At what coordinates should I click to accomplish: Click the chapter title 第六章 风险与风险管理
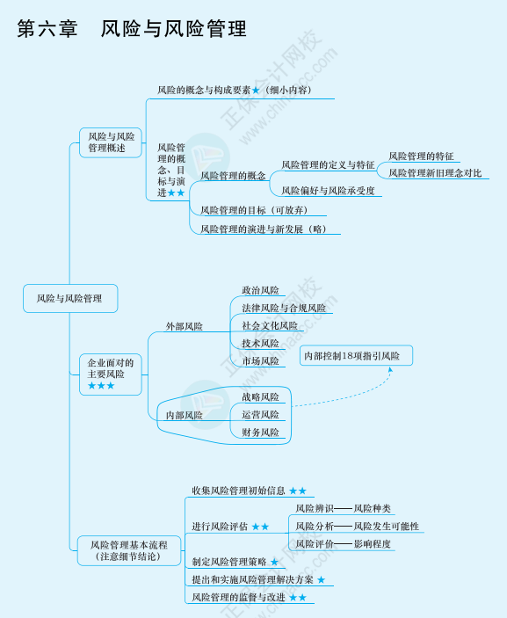coord(132,29)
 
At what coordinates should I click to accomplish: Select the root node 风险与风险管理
coord(69,299)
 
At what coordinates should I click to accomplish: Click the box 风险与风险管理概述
coord(112,142)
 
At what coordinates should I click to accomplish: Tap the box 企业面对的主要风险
coord(112,373)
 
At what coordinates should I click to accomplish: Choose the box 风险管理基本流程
coord(128,550)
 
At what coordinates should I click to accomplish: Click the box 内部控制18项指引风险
coord(356,356)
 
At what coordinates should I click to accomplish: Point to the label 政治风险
coord(260,290)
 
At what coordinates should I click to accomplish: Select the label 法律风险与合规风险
coord(283,309)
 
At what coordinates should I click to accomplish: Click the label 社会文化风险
coord(270,325)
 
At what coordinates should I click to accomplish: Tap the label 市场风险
coord(260,360)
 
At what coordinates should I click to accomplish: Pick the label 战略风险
coord(260,397)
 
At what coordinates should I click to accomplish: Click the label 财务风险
coord(260,433)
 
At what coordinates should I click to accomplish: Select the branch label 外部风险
coord(185,327)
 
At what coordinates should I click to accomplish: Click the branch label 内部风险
coord(185,415)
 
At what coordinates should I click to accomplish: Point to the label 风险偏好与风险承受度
coord(328,190)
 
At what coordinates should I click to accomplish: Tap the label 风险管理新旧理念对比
coord(435,173)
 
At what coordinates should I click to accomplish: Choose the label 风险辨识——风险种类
coord(343,508)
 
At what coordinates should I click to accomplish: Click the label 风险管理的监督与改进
coord(239,598)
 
